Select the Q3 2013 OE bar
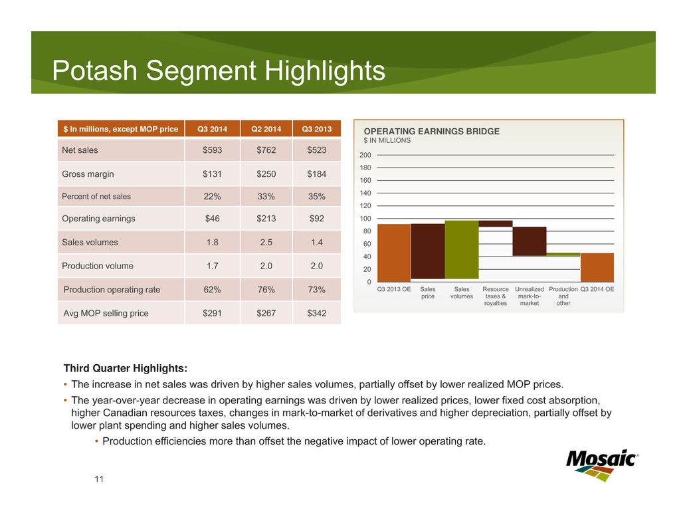click(x=393, y=253)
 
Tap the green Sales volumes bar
click(x=461, y=249)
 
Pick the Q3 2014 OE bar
click(x=597, y=267)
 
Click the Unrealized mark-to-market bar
click(x=529, y=241)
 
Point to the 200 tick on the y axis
click(x=365, y=155)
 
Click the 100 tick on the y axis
click(x=365, y=219)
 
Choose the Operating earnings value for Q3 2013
click(x=316, y=218)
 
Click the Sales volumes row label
click(x=90, y=243)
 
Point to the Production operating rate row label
click(x=112, y=290)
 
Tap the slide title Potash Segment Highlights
click(x=219, y=71)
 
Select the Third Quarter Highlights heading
click(x=125, y=368)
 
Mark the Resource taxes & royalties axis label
click(x=495, y=296)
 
